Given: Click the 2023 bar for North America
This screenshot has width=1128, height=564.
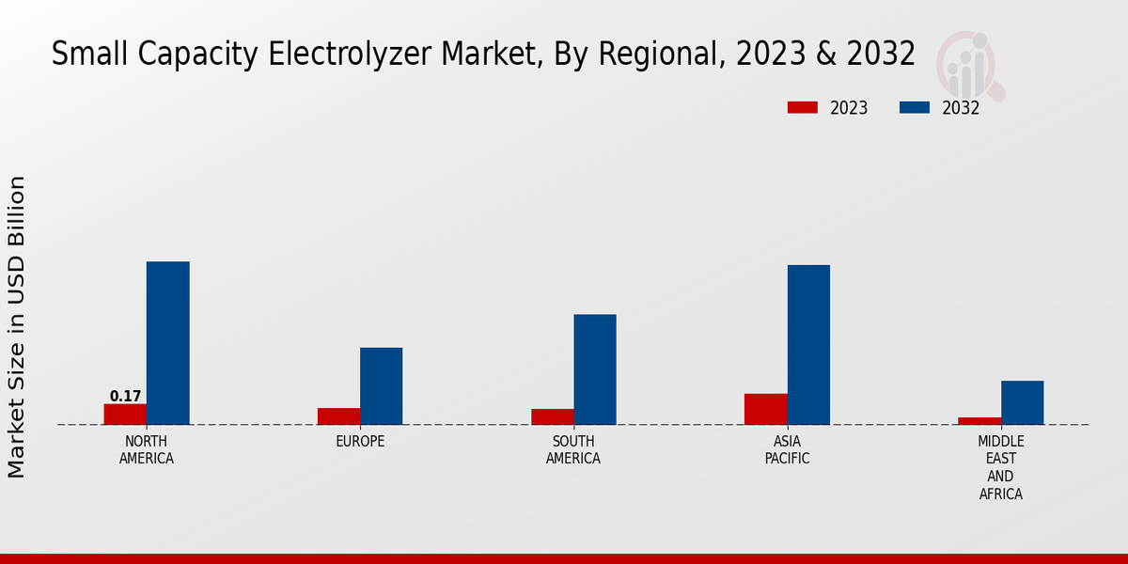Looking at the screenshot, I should [x=125, y=414].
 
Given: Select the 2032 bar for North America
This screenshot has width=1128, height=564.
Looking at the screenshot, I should [x=168, y=343].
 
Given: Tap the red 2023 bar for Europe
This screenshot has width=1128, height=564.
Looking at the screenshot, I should [x=338, y=415].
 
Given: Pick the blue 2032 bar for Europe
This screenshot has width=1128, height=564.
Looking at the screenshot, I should [x=382, y=386].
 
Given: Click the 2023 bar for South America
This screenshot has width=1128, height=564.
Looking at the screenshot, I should [x=552, y=416].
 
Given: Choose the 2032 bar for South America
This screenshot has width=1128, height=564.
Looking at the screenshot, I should [x=595, y=369].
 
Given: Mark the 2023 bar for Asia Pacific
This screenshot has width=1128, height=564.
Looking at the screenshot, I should [x=765, y=409].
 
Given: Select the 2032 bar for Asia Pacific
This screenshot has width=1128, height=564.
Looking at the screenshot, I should [x=808, y=345].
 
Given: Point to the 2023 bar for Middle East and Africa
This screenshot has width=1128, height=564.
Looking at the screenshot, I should [x=979, y=420].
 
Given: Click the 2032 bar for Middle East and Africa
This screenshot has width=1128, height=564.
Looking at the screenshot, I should [x=1022, y=402].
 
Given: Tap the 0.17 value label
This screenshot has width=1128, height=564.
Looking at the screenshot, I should [x=125, y=396].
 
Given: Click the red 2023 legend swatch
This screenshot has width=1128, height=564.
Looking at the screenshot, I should [x=802, y=107].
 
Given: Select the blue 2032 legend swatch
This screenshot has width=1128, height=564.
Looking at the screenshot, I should [x=914, y=107].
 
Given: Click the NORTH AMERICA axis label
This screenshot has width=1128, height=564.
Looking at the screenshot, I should [x=147, y=450].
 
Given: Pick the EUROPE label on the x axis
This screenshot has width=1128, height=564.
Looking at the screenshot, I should [x=360, y=442].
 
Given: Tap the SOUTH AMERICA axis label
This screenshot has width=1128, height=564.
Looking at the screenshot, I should [x=573, y=450].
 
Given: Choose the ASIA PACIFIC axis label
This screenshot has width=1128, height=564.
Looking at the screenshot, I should [x=787, y=450].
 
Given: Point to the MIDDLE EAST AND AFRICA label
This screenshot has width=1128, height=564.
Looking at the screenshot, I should [x=1000, y=467].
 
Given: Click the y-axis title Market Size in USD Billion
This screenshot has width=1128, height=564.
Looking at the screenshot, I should [x=17, y=326].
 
